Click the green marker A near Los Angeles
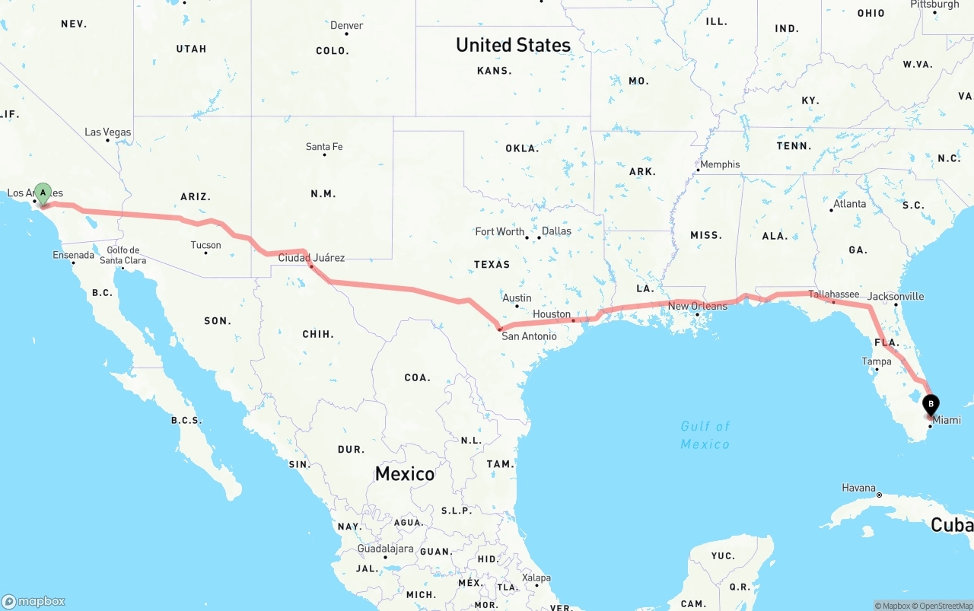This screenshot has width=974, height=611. [43, 193]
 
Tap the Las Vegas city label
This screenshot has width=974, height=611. [107, 132]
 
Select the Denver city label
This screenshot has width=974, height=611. [346, 26]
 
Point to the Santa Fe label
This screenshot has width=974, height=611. [324, 147]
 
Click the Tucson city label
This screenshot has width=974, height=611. [205, 245]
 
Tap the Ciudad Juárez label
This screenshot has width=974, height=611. [311, 258]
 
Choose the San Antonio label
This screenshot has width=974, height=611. [529, 336]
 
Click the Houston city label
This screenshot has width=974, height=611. [552, 314]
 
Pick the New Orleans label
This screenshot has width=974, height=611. [697, 306]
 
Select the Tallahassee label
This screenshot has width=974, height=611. [834, 294]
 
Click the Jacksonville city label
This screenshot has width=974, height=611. [896, 297]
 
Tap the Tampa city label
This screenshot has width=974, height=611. [877, 361]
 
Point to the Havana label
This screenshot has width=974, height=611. [859, 488]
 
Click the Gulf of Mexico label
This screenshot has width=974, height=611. [705, 434]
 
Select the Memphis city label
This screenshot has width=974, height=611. [719, 164]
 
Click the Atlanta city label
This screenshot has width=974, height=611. [849, 204]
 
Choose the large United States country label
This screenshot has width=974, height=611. [513, 45]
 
